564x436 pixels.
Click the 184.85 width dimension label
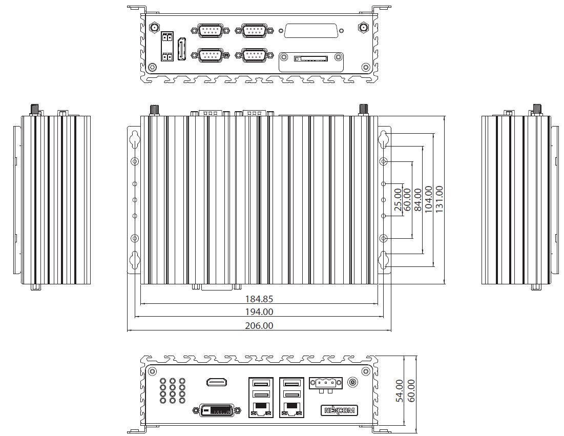[x=259, y=299]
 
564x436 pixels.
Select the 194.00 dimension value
[x=259, y=312]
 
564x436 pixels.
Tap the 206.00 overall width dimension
[x=259, y=325]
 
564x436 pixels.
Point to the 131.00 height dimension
[x=438, y=199]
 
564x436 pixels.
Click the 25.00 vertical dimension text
[x=398, y=199]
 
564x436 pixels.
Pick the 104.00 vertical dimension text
[x=428, y=199]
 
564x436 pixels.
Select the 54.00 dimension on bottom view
[x=400, y=390]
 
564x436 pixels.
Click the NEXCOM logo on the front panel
[x=339, y=410]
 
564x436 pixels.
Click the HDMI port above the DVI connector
[x=217, y=382]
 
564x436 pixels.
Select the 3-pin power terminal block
[x=325, y=384]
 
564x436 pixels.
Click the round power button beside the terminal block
[x=352, y=382]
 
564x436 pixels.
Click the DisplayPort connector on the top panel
[x=182, y=49]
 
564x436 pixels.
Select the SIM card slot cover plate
[x=311, y=61]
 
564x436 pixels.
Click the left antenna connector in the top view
[x=153, y=27]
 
